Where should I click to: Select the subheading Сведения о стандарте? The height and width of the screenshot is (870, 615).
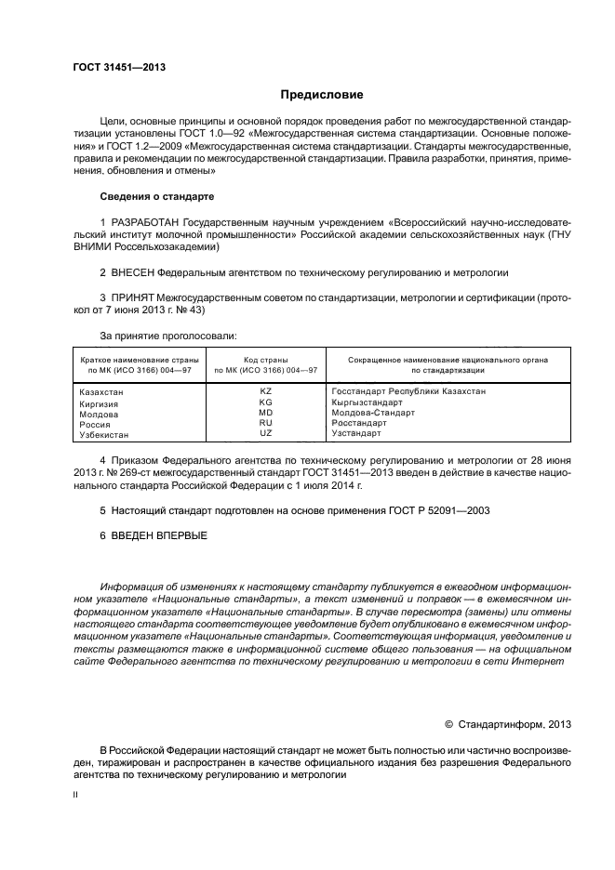(156, 197)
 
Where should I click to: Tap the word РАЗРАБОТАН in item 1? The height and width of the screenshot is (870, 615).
(144, 224)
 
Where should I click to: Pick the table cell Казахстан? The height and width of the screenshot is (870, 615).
(101, 393)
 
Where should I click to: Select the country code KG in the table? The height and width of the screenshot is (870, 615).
(265, 402)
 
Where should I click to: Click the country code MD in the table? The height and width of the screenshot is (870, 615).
(265, 413)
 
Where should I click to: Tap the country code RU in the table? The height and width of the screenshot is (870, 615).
(265, 423)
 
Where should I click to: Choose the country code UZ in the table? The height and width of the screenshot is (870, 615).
(265, 433)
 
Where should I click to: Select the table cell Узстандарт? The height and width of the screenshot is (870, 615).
(356, 433)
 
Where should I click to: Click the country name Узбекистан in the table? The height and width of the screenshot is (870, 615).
(104, 434)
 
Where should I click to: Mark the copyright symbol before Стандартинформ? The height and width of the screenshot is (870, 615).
(448, 724)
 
